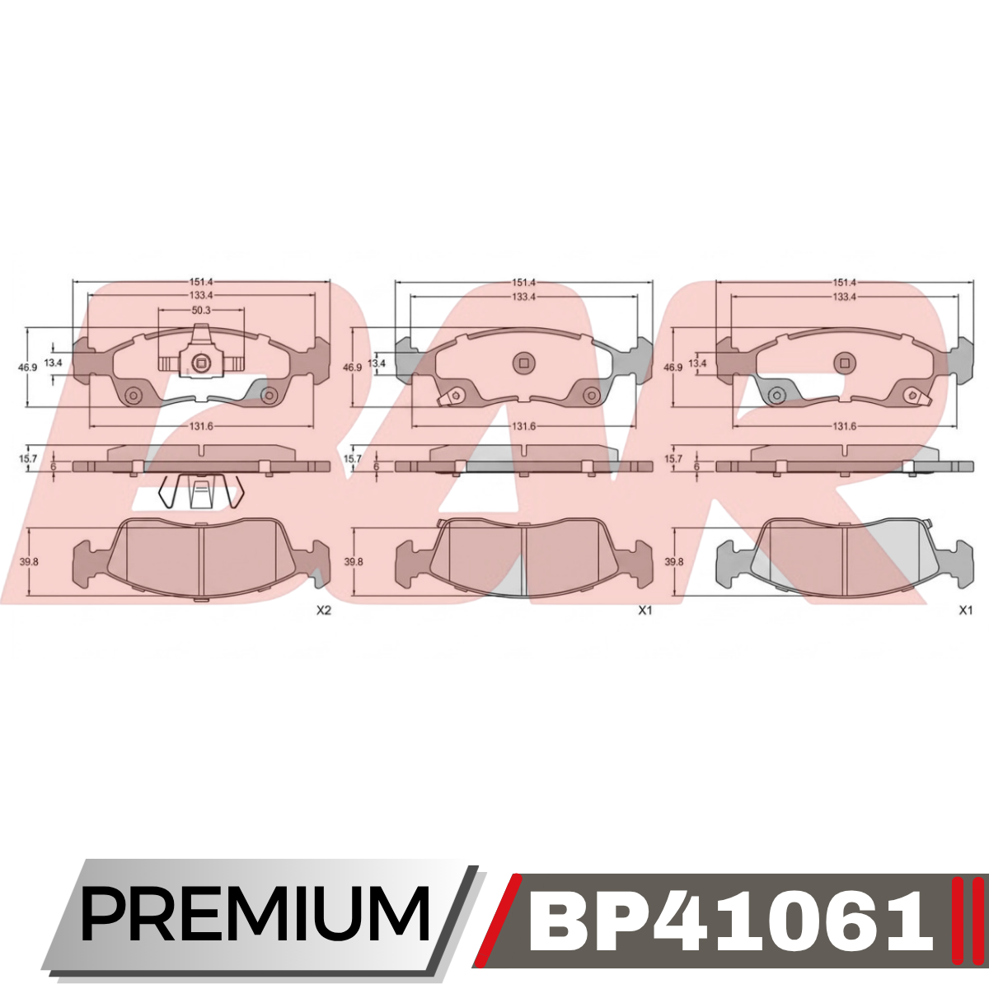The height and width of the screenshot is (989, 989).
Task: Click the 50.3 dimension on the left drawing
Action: point(201,310)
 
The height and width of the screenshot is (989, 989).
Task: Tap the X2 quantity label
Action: point(323,611)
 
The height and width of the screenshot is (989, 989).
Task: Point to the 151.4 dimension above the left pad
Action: point(201,282)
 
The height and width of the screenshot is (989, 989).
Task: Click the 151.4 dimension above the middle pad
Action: point(523,283)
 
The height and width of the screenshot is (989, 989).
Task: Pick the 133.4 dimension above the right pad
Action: point(844,297)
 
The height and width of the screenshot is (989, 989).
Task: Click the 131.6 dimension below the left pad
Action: point(201,426)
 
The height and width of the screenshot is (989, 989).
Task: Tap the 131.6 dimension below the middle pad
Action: point(523,426)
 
